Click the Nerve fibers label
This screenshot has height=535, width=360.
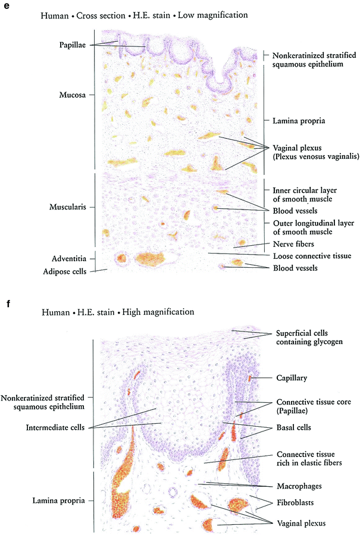[292, 244]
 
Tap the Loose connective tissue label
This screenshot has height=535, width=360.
[312, 256]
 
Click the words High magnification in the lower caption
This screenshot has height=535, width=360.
[157, 311]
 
